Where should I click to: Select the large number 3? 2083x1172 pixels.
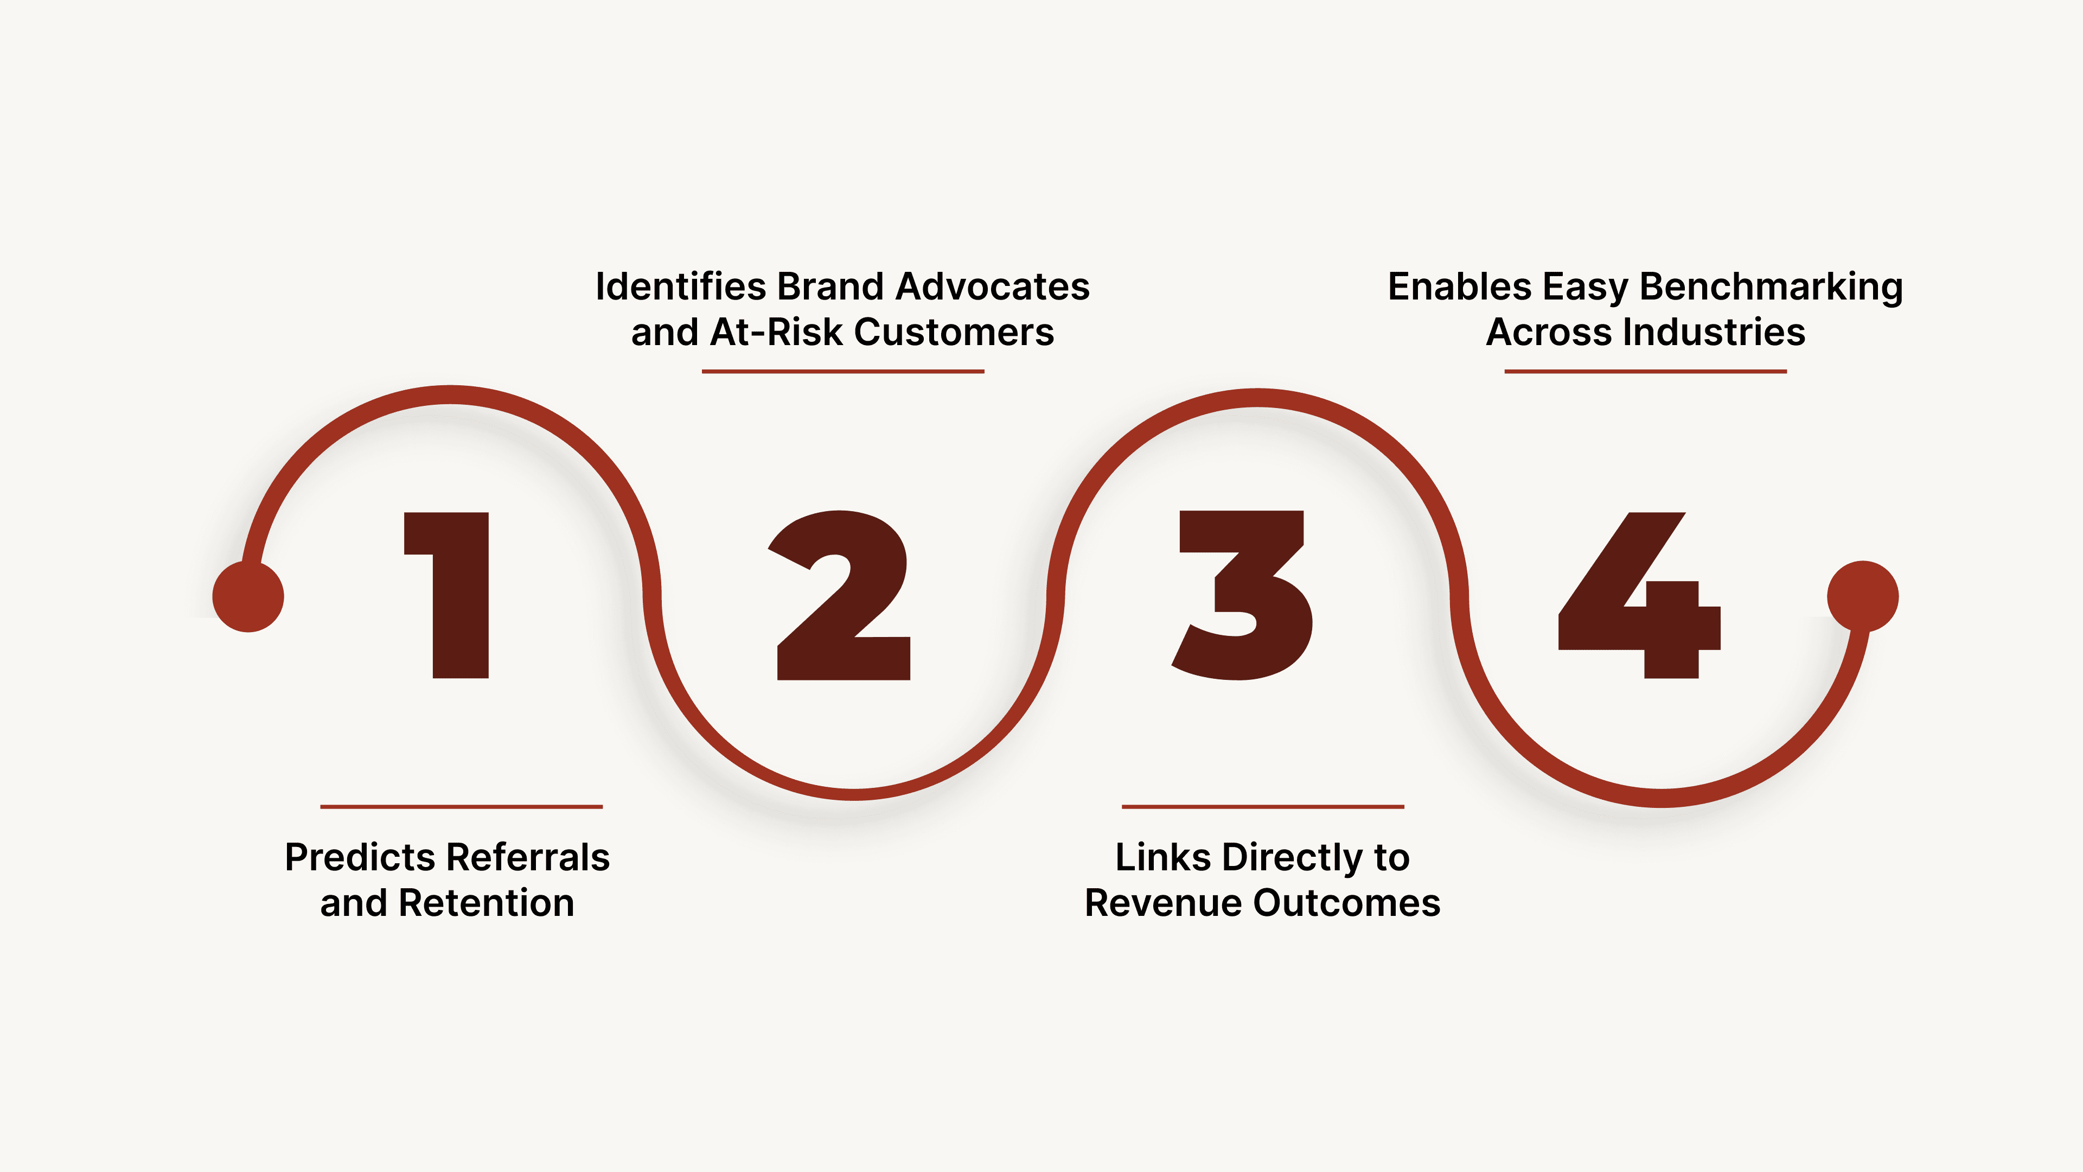coord(1243,595)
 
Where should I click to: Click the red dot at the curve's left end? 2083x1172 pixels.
coord(248,596)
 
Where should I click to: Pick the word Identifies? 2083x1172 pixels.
coord(681,287)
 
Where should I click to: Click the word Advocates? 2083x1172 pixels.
coord(992,287)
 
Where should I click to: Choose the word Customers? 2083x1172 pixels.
coord(954,333)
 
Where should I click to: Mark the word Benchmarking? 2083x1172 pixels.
coord(1771,287)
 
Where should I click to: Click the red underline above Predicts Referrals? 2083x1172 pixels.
coord(461,806)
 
